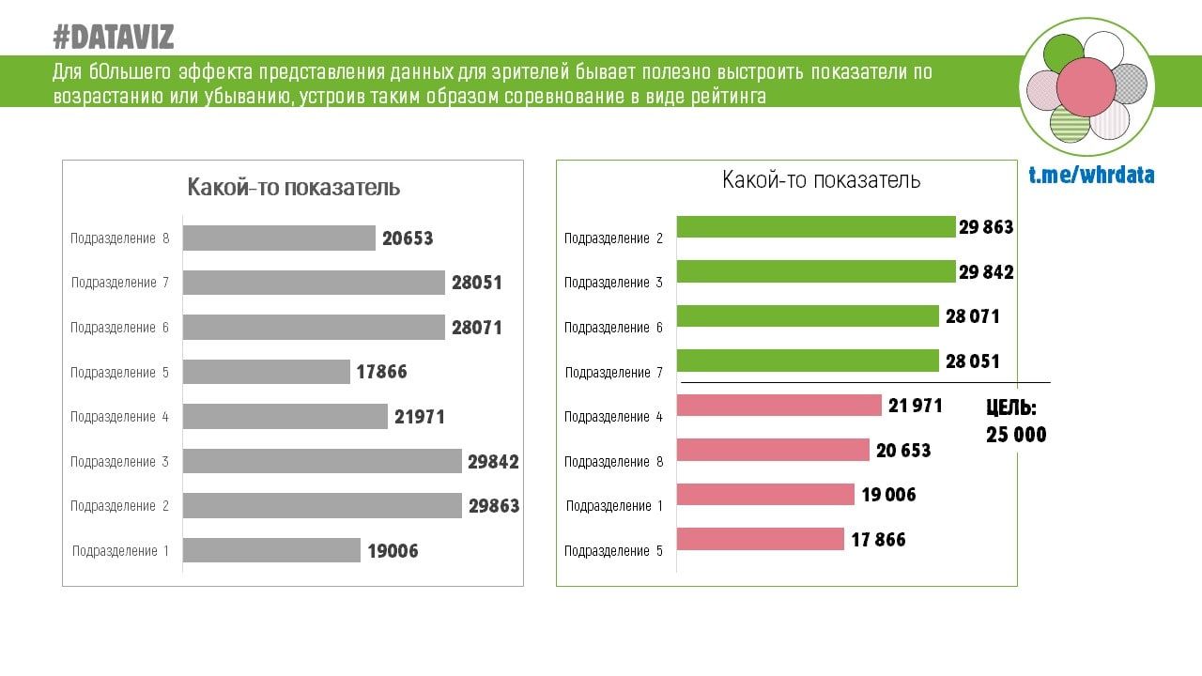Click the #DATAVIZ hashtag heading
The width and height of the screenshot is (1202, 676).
click(113, 38)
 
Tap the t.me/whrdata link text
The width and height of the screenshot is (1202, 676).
click(1091, 176)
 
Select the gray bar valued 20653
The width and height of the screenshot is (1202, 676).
click(279, 238)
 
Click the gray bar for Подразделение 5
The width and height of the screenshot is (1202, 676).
click(267, 372)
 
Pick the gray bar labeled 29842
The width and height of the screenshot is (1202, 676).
click(322, 461)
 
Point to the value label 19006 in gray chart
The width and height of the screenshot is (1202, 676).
click(393, 551)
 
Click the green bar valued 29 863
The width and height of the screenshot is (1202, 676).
click(815, 227)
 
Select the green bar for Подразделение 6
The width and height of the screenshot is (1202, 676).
click(808, 316)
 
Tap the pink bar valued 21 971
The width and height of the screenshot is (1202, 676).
click(778, 406)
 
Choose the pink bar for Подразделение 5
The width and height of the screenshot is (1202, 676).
click(760, 539)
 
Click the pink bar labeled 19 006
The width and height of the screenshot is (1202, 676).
click(765, 495)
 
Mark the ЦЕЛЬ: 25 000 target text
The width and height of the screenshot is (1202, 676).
click(1015, 422)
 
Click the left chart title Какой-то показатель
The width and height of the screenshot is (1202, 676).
click(294, 187)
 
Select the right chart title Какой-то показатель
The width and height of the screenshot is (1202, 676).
click(821, 179)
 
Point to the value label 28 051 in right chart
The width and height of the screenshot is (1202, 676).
click(973, 361)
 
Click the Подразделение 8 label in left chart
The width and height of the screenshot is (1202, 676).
click(119, 238)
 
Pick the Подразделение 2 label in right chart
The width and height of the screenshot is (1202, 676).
click(613, 238)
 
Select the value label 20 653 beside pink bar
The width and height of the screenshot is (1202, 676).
click(903, 451)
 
